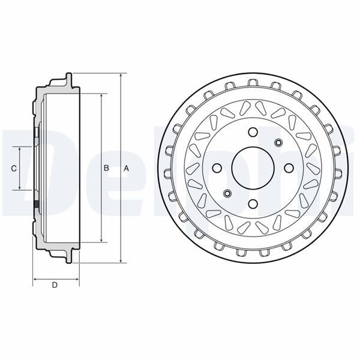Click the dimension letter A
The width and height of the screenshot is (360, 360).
coord(126,169)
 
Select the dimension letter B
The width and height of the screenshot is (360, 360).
coord(106,169)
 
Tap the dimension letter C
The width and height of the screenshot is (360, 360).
coord(14,169)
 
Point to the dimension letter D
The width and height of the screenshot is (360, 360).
coord(55,285)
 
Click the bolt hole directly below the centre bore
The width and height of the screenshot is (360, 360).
coord(253,203)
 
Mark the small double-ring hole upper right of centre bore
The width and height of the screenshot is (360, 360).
coord(278,142)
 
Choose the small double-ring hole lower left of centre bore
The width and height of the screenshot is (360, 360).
coord(227,193)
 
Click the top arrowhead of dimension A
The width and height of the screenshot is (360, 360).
coord(121,76)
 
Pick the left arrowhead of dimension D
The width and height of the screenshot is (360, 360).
coord(35,279)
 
